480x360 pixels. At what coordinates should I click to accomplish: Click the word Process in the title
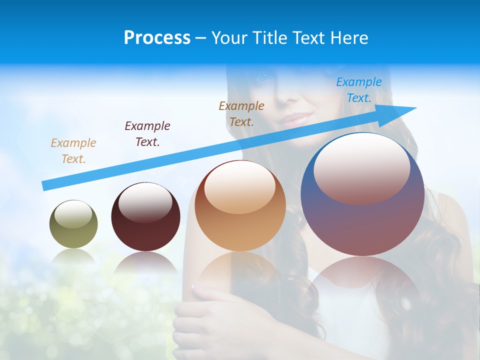pyautogui.click(x=157, y=38)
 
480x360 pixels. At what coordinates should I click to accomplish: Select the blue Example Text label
pyautogui.click(x=358, y=90)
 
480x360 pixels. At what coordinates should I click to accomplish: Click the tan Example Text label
pyautogui.click(x=73, y=150)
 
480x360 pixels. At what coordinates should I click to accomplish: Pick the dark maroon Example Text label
pyautogui.click(x=147, y=133)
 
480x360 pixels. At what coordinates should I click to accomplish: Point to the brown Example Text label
pyautogui.click(x=241, y=113)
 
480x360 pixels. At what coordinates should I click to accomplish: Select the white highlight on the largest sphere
pyautogui.click(x=361, y=168)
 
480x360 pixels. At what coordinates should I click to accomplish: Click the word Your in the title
pyautogui.click(x=231, y=38)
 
